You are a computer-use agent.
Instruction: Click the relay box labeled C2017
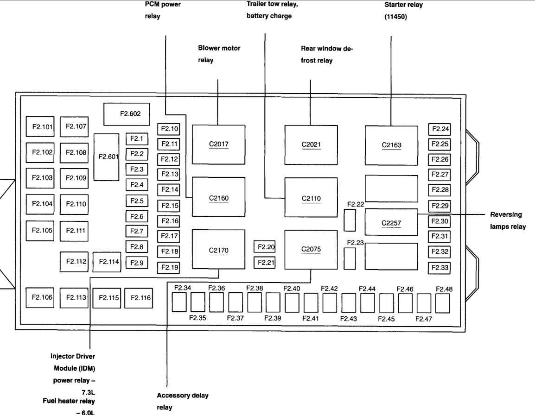(218, 145)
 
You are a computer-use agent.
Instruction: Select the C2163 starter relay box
(391, 145)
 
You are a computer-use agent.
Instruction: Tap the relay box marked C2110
(311, 197)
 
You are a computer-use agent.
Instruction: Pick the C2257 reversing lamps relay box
(391, 222)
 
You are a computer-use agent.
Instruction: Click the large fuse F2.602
(127, 114)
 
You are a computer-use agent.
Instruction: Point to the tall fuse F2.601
(106, 157)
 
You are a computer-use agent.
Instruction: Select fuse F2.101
(42, 126)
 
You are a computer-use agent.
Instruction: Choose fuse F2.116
(140, 298)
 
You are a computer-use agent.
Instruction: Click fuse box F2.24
(439, 129)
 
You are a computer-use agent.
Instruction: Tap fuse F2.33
(439, 268)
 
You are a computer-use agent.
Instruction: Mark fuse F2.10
(169, 129)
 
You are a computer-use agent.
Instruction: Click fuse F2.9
(136, 263)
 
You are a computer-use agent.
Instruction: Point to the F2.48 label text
(444, 289)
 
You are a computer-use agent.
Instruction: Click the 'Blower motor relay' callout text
(219, 54)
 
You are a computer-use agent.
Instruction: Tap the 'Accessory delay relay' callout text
(182, 401)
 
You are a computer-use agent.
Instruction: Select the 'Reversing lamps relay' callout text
(508, 220)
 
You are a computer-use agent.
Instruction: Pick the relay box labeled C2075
(311, 250)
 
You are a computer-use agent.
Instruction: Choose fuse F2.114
(107, 262)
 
